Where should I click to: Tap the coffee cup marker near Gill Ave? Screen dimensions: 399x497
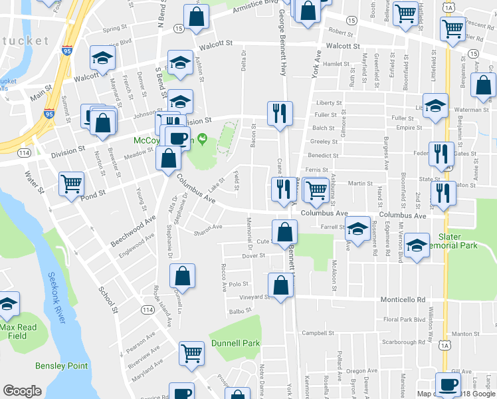pos(447,384)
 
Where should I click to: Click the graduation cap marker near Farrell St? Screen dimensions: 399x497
pos(357,230)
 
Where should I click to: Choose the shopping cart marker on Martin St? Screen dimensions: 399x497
pos(316,189)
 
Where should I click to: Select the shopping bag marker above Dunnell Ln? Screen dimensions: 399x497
pos(182,275)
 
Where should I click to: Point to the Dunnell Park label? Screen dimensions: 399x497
pos(235,343)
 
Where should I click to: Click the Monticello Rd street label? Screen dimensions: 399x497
pos(402,300)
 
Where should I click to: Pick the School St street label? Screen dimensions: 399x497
pos(108,300)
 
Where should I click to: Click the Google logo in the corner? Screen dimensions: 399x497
pos(23,391)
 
